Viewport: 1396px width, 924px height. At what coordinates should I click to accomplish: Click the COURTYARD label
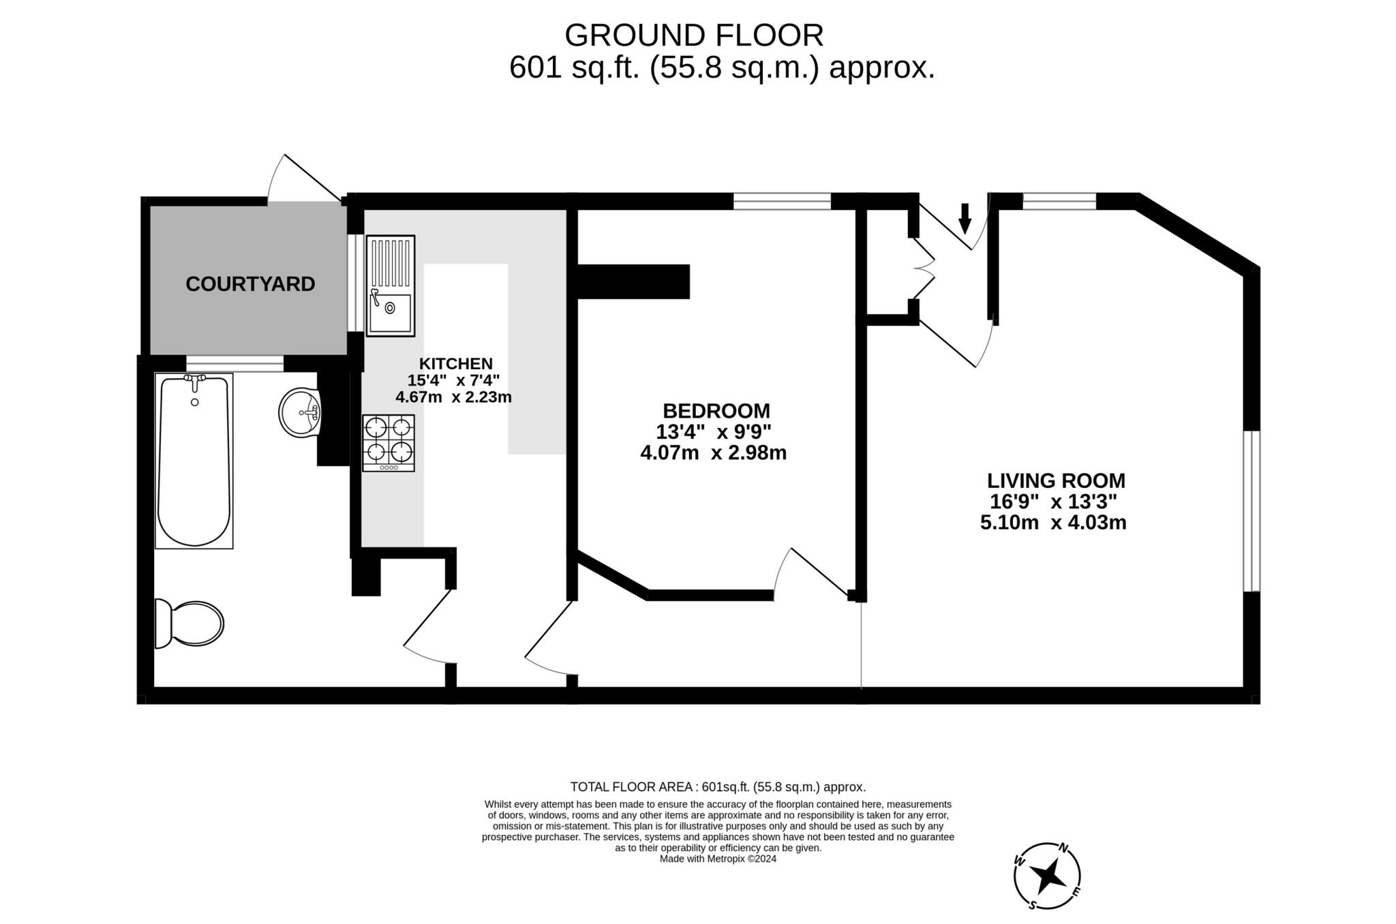(x=250, y=284)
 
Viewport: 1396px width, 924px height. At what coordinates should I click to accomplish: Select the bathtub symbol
(x=194, y=461)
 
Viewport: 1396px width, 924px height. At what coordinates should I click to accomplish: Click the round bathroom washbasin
(x=300, y=412)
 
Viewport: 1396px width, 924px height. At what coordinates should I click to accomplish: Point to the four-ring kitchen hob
(x=389, y=442)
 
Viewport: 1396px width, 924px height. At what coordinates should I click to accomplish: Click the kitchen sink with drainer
(x=391, y=286)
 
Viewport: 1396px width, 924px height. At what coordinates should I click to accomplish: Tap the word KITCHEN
(x=455, y=364)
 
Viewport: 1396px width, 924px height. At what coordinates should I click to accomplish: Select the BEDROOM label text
(x=716, y=411)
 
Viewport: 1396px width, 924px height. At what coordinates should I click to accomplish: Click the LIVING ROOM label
(x=1057, y=481)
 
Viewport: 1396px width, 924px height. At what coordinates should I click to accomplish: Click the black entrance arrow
(x=965, y=217)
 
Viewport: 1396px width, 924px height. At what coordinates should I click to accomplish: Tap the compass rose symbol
(x=1047, y=876)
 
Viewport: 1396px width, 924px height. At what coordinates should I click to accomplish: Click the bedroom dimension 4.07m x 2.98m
(x=714, y=453)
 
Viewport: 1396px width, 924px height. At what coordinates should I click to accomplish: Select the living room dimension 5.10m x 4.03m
(x=1053, y=523)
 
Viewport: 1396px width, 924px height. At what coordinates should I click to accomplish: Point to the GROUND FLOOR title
(x=694, y=35)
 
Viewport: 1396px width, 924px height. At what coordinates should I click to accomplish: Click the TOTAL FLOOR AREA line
(x=718, y=787)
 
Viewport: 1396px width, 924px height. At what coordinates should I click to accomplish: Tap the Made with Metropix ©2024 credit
(x=718, y=859)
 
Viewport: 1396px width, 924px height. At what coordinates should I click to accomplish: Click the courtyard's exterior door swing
(x=300, y=179)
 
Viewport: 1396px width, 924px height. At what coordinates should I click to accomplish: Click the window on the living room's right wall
(x=1251, y=510)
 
